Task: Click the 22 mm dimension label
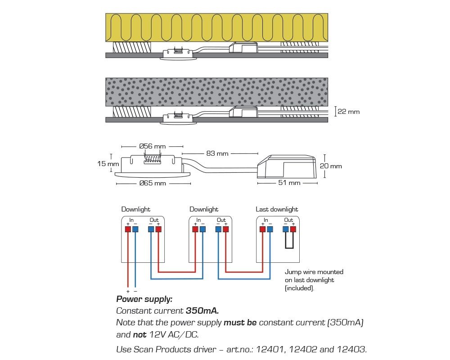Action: click(349, 112)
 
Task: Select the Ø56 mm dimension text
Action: click(153, 146)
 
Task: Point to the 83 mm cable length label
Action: click(217, 153)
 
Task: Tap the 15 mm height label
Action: click(108, 164)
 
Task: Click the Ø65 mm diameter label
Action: click(153, 183)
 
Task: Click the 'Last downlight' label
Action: click(277, 209)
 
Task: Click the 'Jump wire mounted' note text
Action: click(314, 272)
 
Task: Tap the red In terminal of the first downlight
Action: click(128, 229)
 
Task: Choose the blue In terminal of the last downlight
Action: click(270, 229)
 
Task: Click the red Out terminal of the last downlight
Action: click(293, 229)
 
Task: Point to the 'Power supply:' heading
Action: click(144, 299)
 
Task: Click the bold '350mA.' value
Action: click(201, 310)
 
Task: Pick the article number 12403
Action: click(351, 349)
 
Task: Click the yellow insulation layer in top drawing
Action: click(216, 27)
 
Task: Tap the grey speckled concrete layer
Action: click(216, 91)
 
